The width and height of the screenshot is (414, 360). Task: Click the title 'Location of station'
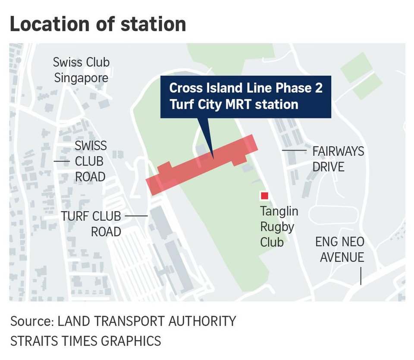[x=98, y=25]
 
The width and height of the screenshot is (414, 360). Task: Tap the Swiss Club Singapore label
[x=81, y=70]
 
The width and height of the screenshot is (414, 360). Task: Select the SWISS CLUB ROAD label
[x=90, y=161]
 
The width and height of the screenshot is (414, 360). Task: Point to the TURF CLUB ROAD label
[x=91, y=223]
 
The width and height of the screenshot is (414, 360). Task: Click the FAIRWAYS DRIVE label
[x=338, y=159]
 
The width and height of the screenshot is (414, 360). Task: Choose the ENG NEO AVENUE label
[x=339, y=249]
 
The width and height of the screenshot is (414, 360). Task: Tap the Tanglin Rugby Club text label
[x=279, y=227]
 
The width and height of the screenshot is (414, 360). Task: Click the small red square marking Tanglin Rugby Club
[x=264, y=196]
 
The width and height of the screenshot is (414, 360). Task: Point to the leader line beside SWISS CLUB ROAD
[x=61, y=161]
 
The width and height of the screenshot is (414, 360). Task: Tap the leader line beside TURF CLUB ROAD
[x=138, y=216]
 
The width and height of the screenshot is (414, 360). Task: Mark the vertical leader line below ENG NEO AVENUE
[x=361, y=276]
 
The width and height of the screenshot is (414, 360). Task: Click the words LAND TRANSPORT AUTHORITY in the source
[x=147, y=321]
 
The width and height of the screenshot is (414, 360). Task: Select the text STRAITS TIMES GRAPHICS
[x=85, y=341]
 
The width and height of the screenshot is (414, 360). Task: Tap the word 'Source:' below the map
[x=32, y=321]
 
